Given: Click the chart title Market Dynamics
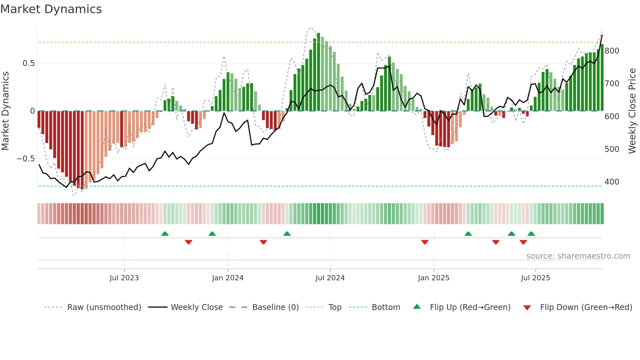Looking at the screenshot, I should [51, 9].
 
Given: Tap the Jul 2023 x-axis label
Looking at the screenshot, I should [124, 278].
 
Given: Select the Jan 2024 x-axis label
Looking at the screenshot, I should [228, 278].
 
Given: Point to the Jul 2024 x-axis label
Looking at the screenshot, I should [330, 278].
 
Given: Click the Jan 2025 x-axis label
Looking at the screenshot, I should [433, 278].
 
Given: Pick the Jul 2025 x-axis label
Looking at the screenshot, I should [535, 278].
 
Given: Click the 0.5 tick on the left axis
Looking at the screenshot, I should [28, 63].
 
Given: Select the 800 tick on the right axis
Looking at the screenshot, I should [612, 51].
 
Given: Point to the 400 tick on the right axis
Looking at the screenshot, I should [612, 182].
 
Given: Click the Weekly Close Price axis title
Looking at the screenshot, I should [632, 111].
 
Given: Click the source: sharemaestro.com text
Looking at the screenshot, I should [578, 256].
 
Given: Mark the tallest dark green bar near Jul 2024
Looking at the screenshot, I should [318, 72].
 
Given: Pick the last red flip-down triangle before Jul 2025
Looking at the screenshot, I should [523, 242].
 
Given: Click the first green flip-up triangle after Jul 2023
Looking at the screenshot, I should [165, 234].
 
